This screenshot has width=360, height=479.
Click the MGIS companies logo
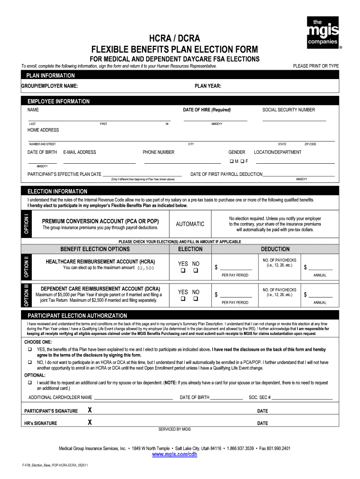(322, 32)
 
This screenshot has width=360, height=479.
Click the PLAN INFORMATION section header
(50, 75)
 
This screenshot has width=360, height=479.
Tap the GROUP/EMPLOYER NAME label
(50, 86)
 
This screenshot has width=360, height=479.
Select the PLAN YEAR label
(208, 86)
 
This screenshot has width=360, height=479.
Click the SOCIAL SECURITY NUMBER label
(288, 110)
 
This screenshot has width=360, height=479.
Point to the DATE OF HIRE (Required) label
(207, 110)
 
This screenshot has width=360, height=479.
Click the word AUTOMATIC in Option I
(190, 224)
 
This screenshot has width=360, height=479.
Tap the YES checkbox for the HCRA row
(183, 271)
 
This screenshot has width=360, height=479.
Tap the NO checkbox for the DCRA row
(196, 298)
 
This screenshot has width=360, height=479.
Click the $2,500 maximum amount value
(146, 268)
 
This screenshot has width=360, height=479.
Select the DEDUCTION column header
(275, 249)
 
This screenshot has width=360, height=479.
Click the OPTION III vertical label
(27, 295)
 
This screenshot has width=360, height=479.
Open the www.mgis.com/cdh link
(174, 455)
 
